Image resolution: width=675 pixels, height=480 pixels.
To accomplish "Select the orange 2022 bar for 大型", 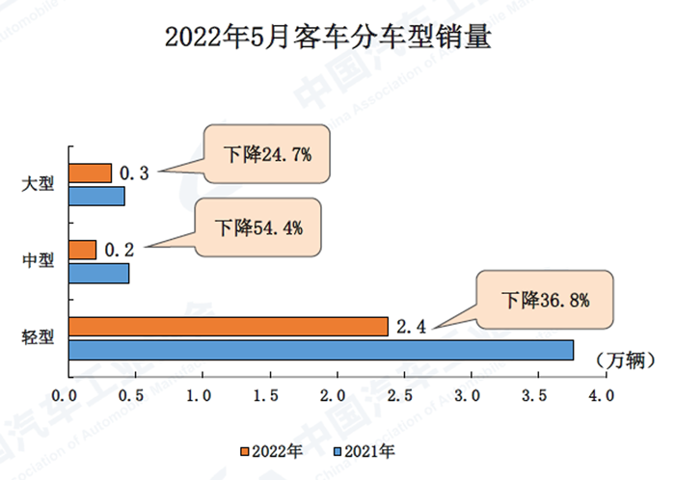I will coord(90,173).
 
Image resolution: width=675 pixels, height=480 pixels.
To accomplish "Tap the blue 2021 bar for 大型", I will coord(96,197).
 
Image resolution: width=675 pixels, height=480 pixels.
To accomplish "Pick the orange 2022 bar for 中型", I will coord(82,250).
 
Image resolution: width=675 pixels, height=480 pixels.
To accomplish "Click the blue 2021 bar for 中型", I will coord(98,273).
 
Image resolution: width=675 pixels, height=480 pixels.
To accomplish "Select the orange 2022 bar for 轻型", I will coord(228,327).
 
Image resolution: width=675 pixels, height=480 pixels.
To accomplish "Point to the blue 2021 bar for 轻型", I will coord(320,350).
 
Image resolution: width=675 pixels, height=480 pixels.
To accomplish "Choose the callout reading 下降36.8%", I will coord(545,300).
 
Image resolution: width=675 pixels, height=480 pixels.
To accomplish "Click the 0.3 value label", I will coord(134,173).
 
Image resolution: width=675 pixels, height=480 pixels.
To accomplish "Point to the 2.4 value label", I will coord(411,327).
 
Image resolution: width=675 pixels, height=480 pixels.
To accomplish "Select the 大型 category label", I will coord(38,185).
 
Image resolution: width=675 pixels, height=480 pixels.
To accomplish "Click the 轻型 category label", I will coord(38,338).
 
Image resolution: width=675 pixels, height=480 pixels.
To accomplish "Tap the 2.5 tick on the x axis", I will coord(401,395).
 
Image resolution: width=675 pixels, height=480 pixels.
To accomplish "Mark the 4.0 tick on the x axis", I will coord(602,395).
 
